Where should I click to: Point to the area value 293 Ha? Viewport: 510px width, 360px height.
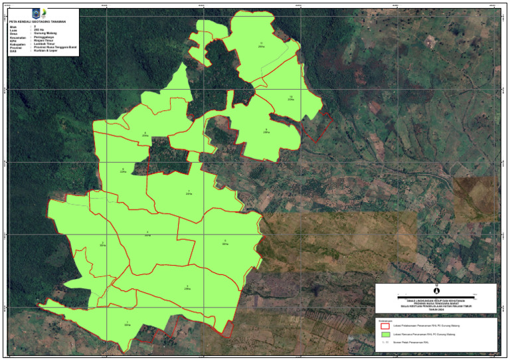click(39, 30)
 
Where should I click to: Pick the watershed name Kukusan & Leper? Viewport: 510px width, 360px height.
click(44, 50)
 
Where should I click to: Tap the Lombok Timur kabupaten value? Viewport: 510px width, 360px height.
click(44, 44)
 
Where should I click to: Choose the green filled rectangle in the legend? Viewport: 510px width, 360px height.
click(383, 337)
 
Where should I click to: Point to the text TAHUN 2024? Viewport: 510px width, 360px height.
click(436, 310)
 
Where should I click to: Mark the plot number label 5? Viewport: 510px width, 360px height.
click(224, 240)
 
